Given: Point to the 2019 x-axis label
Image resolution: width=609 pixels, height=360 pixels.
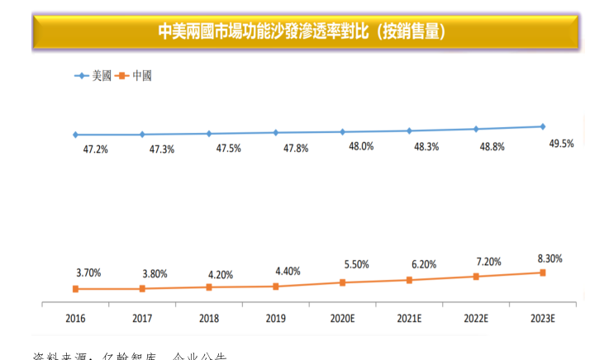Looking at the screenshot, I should tap(275, 317).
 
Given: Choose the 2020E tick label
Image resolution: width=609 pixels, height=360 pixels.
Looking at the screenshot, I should tap(342, 317).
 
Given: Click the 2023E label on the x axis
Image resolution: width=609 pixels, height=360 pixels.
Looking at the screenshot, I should tap(542, 317).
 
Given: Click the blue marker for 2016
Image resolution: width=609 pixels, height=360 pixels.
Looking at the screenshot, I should tap(75, 135).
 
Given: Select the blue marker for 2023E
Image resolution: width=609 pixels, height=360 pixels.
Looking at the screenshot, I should tap(543, 126).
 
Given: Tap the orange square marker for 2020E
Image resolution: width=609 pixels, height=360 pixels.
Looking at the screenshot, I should tap(342, 282).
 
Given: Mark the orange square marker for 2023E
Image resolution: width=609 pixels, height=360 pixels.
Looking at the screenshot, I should tap(543, 272).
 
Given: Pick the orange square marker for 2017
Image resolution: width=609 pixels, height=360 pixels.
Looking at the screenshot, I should tap(142, 288).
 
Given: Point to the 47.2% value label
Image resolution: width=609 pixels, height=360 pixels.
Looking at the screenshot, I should tap(94, 149).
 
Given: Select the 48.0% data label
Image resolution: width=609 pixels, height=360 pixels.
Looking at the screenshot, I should tap(361, 146).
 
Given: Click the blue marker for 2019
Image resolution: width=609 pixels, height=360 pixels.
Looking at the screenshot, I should tap(275, 132).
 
